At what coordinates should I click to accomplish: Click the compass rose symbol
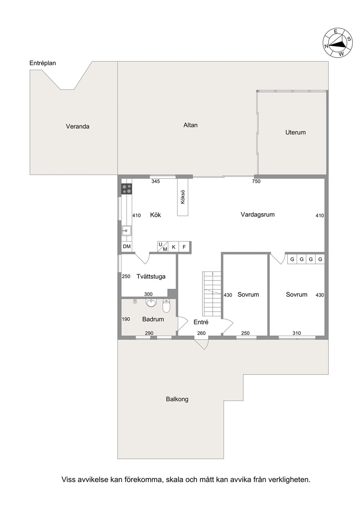click(x=338, y=43)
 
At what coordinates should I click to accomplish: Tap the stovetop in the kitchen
click(x=127, y=189)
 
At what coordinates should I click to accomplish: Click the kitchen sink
click(x=127, y=231)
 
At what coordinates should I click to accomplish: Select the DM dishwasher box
click(x=127, y=246)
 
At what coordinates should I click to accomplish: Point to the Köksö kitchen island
click(x=183, y=197)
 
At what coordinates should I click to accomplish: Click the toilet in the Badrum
click(x=166, y=305)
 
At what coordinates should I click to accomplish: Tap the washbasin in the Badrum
click(x=151, y=303)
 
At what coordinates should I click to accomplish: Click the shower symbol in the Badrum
click(x=135, y=301)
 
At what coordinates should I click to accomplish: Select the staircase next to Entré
click(x=212, y=294)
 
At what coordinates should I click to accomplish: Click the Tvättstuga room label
click(x=151, y=276)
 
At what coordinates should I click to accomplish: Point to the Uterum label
click(x=295, y=132)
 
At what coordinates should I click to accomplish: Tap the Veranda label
click(x=78, y=126)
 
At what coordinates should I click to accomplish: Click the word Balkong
click(x=177, y=399)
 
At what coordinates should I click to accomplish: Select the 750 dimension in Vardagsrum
click(x=256, y=181)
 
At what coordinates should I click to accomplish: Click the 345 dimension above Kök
click(x=156, y=181)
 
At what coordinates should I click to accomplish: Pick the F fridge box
click(x=184, y=247)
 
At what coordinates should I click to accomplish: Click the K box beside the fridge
click(x=173, y=247)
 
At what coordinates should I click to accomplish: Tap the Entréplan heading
click(x=43, y=63)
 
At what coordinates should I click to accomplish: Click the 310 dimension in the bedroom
click(x=296, y=333)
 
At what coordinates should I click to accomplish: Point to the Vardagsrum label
click(x=258, y=214)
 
